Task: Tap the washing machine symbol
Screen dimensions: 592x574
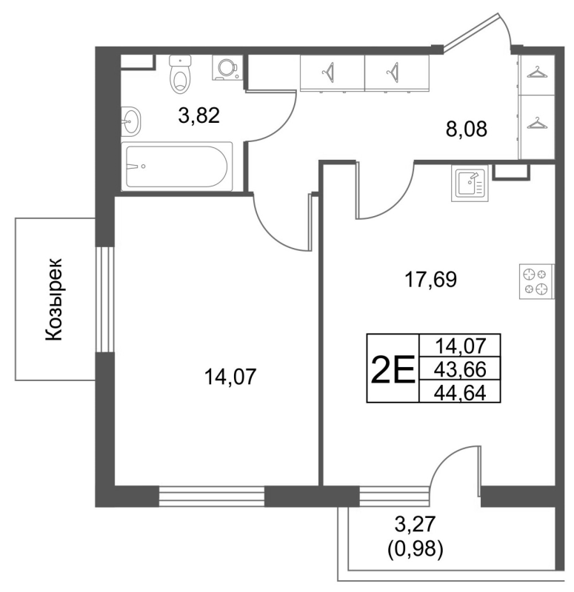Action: pyautogui.click(x=224, y=67)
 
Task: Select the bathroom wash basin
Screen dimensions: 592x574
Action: pyautogui.click(x=130, y=121)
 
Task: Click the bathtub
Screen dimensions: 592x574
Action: pyautogui.click(x=178, y=166)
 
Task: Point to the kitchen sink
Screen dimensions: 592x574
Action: pyautogui.click(x=468, y=183)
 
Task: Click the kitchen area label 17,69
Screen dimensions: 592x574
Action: pyautogui.click(x=430, y=280)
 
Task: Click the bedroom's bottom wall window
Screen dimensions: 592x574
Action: pyautogui.click(x=212, y=496)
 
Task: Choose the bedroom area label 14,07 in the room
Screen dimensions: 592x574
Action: pyautogui.click(x=230, y=377)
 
